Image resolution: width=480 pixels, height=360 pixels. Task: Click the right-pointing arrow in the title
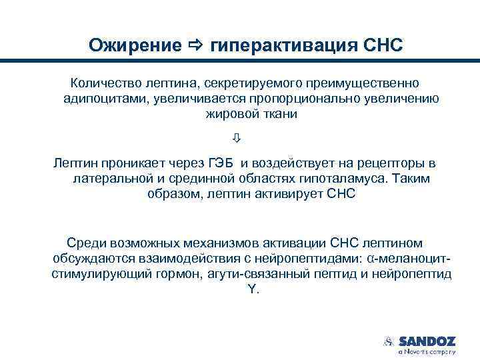[x=195, y=45]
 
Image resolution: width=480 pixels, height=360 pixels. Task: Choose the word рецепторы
[x=393, y=164]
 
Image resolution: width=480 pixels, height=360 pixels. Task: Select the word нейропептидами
[x=302, y=259]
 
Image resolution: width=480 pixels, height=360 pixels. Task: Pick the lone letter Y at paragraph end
[x=243, y=289]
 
